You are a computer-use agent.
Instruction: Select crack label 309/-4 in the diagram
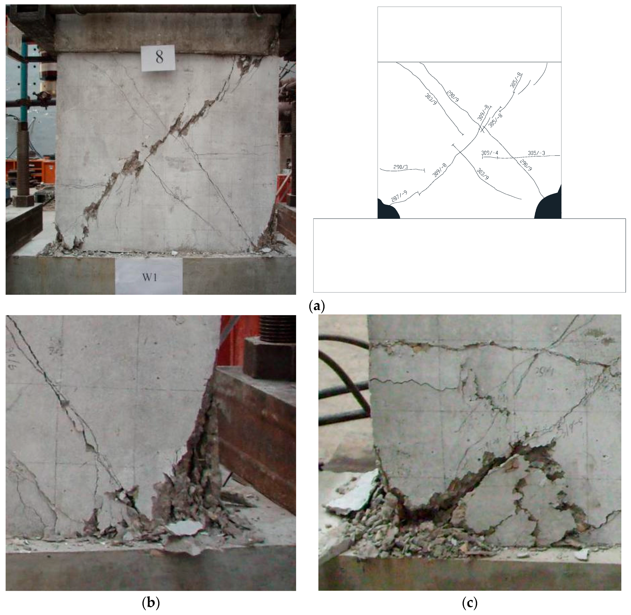[x=490, y=153]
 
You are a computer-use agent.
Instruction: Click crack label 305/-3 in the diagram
[x=536, y=153]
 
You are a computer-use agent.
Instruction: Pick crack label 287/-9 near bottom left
[x=399, y=197]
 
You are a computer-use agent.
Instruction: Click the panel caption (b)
[x=151, y=602]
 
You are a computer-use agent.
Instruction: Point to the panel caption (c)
[x=470, y=602]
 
